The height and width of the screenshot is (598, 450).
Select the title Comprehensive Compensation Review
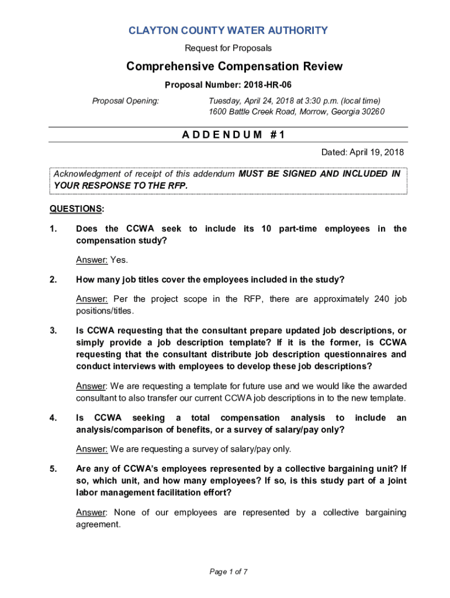point(234,67)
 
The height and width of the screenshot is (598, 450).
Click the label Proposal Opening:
point(126,101)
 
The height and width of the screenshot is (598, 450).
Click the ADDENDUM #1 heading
point(233,135)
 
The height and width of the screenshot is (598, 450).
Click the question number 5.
point(53,468)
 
